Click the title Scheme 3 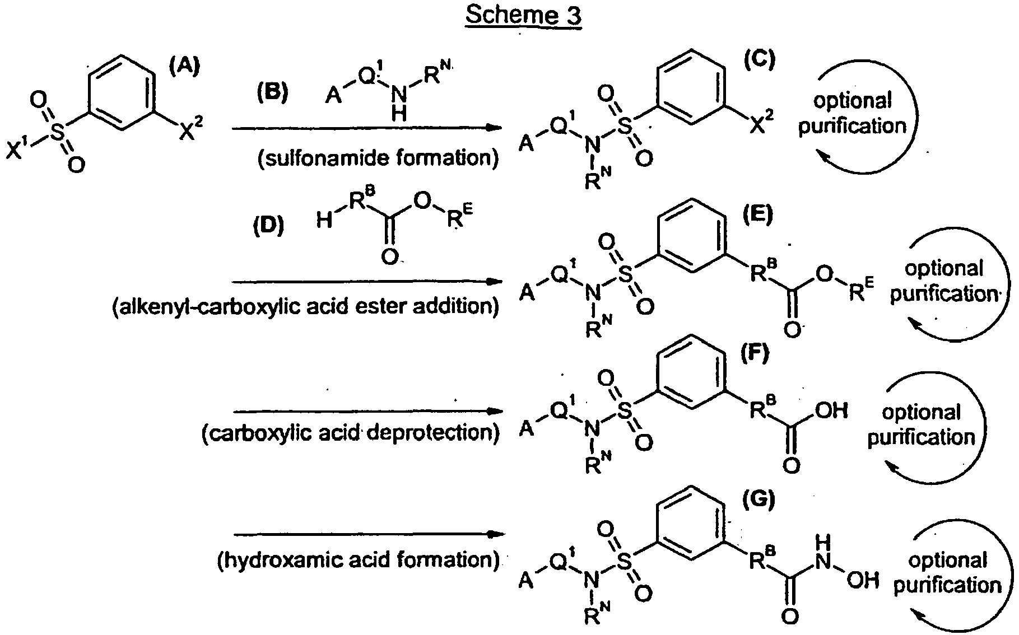523,15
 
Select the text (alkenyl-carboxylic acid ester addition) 306,306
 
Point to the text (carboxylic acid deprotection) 351,433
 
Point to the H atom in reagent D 324,222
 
